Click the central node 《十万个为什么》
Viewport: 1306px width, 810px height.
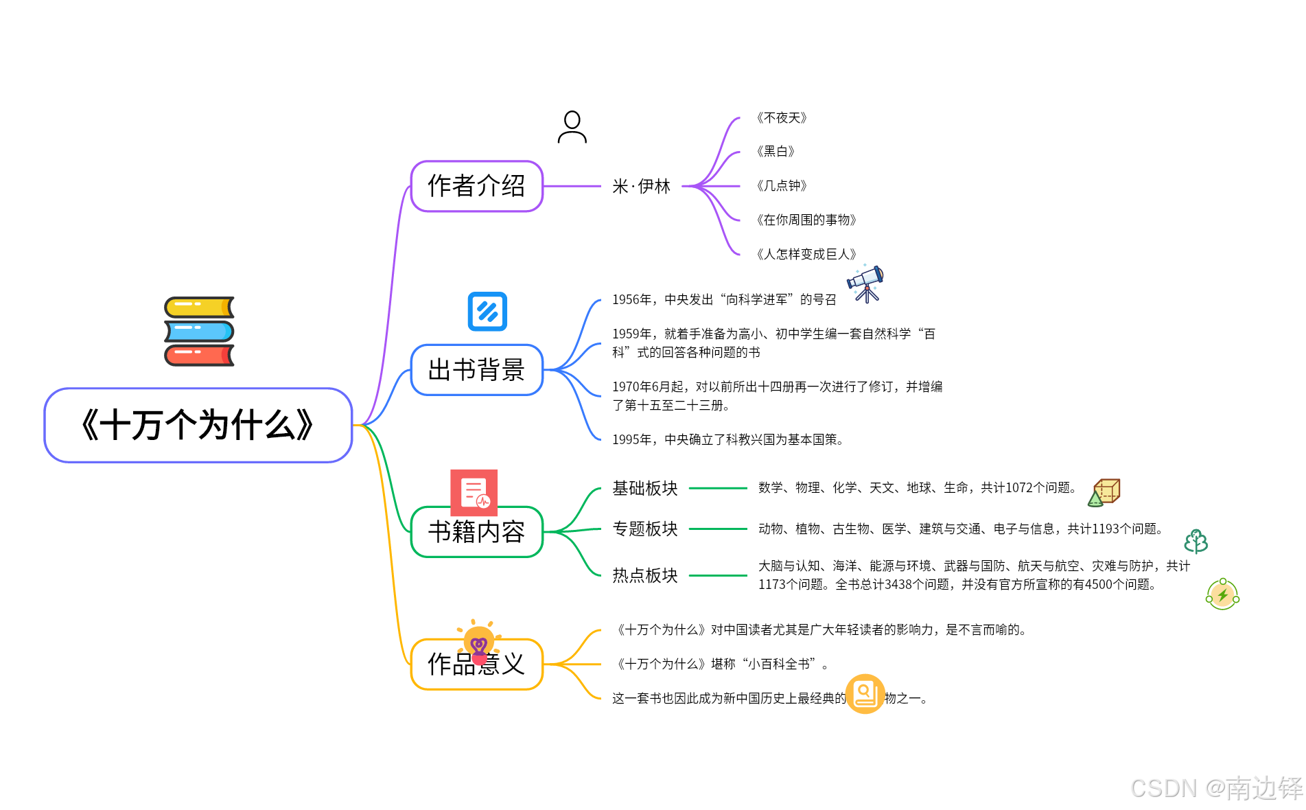tap(198, 425)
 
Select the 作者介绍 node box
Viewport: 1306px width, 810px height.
tap(476, 186)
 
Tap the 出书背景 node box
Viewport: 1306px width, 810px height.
tap(476, 370)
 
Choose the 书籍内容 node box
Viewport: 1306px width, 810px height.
tap(476, 533)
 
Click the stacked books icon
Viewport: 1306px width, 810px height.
tap(199, 331)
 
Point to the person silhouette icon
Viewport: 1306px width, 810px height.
tap(572, 127)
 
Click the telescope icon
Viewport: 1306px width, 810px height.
tap(866, 283)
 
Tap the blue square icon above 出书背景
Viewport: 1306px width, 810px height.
tap(487, 312)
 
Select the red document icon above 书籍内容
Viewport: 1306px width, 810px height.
tap(474, 492)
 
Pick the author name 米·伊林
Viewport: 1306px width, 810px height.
tap(641, 186)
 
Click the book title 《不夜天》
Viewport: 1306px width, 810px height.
tap(781, 118)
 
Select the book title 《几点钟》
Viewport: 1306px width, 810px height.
tap(781, 185)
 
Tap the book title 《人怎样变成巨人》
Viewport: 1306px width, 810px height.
tap(806, 254)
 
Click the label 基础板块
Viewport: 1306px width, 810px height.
tap(644, 488)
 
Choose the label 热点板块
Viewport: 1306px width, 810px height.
tap(644, 575)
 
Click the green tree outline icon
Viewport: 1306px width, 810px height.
tap(1196, 541)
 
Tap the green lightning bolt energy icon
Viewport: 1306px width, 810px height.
tap(1222, 594)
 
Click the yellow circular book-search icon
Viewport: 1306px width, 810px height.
tap(865, 693)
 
